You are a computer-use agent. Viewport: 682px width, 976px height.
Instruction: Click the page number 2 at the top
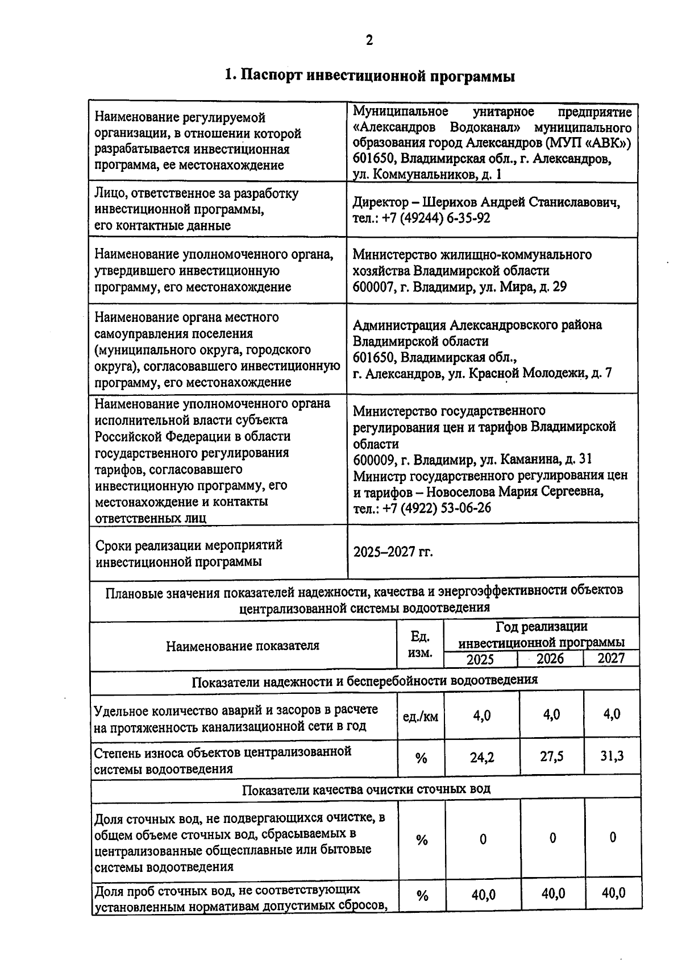point(369,40)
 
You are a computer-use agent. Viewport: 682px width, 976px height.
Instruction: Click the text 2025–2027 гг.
point(393,552)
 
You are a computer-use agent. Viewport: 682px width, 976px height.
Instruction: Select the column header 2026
point(550,659)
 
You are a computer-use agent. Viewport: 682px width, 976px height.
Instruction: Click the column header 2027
point(611,659)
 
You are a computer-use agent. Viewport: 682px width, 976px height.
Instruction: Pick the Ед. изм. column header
point(420,645)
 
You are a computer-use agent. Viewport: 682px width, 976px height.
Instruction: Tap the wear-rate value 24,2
point(482,758)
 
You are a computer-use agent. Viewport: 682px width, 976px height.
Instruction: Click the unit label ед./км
point(421,717)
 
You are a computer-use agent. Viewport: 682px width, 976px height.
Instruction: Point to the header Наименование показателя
point(243,646)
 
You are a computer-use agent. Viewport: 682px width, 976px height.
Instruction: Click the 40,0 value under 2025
point(483,895)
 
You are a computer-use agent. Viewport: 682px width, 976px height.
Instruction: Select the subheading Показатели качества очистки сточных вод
point(366,789)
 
